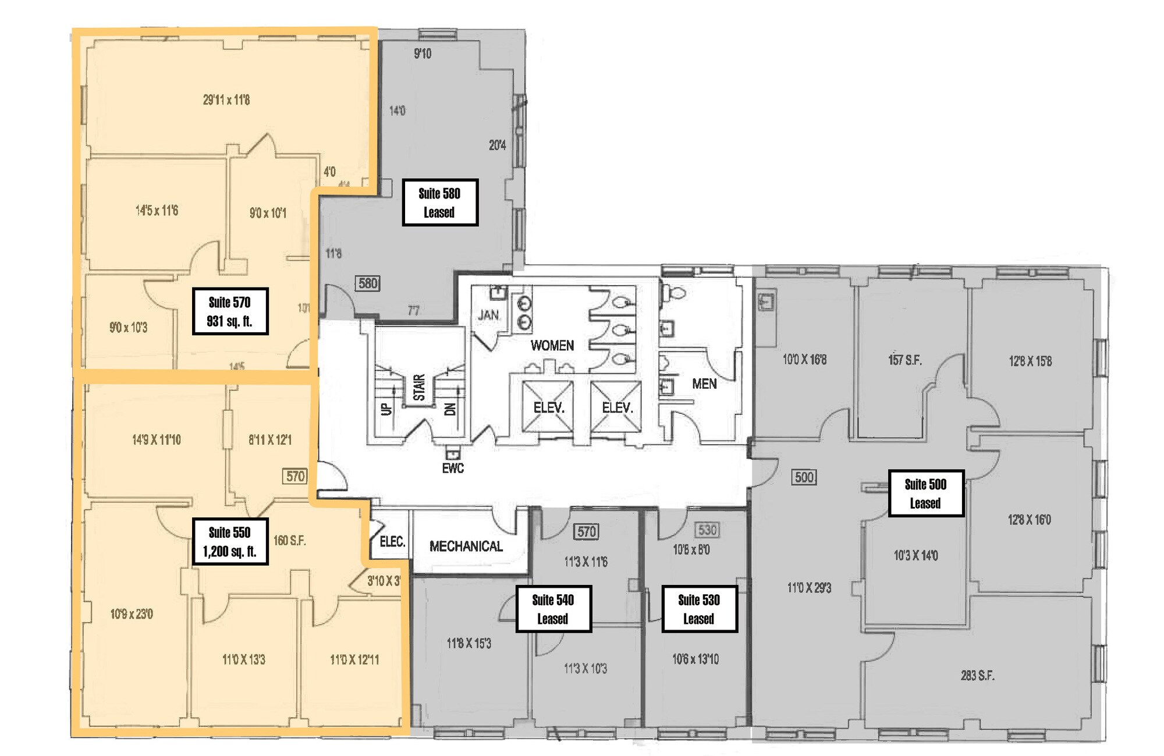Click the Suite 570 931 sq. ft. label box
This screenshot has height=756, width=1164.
point(230,311)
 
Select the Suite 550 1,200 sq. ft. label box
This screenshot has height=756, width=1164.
point(230,541)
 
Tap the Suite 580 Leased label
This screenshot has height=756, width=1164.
point(439,203)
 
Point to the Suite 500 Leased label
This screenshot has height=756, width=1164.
point(925,494)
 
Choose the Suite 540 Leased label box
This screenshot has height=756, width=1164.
point(553,609)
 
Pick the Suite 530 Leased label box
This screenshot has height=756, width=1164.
point(699,609)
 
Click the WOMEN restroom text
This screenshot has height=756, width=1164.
point(552,346)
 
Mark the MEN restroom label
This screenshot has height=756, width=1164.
point(704,384)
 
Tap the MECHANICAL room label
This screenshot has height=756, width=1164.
point(466,546)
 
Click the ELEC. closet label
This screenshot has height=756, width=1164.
point(392,542)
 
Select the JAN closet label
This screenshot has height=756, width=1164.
point(488,315)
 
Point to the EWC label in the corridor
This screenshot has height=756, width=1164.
point(453,468)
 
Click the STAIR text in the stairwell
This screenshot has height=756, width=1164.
point(419,388)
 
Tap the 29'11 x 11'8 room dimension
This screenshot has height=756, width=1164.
point(226,100)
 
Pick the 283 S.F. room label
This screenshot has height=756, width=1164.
point(977,676)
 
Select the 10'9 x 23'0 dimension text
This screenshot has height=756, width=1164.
point(132,614)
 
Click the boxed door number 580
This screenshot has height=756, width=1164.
point(368,283)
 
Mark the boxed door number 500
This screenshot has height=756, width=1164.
point(804,477)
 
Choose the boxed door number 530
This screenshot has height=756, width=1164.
point(707,530)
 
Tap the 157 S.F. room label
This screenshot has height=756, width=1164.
point(904,360)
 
